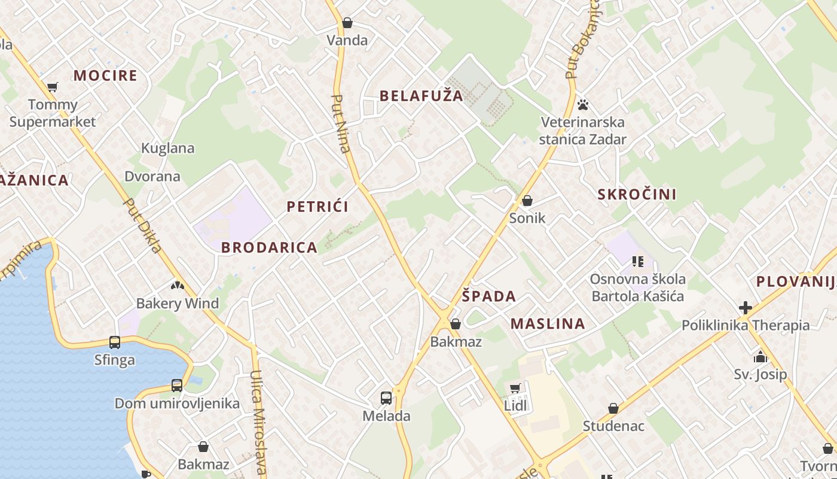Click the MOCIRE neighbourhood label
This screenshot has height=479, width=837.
coord(105,75)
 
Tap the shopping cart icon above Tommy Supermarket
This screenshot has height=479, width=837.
coord(52,87)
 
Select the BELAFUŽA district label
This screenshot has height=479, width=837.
coord(421,96)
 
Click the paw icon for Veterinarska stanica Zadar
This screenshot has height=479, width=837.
coord(583,105)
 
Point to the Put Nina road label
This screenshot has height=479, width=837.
coord(340,124)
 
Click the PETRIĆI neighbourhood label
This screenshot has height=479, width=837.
coord(317,207)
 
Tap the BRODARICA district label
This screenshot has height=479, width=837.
coord(269,247)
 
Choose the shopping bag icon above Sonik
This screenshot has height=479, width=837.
coord(527,201)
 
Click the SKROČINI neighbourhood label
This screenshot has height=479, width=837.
coord(637,194)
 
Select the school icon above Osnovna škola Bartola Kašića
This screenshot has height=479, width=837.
coord(637,262)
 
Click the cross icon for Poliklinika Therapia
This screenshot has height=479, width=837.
coord(745,308)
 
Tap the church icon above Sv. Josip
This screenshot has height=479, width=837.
coord(760,357)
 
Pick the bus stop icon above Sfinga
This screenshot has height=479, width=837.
coord(114,342)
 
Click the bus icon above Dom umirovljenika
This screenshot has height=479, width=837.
coord(176,386)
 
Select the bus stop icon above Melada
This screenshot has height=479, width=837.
coord(386,398)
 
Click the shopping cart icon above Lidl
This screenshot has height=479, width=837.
coord(515,388)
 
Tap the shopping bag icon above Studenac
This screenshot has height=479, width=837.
coord(613,408)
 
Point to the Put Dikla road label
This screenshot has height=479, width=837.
coord(142,225)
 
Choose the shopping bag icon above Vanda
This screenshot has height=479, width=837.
coord(347,23)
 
